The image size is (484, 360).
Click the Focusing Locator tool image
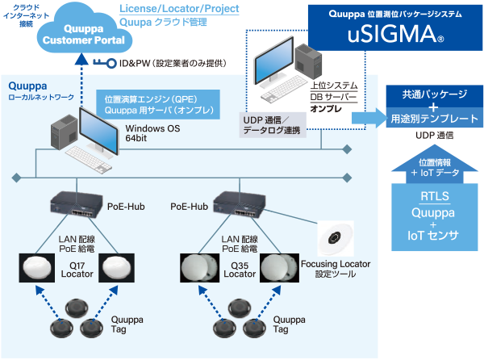click(337, 240)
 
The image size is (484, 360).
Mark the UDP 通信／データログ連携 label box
click(271, 124)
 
